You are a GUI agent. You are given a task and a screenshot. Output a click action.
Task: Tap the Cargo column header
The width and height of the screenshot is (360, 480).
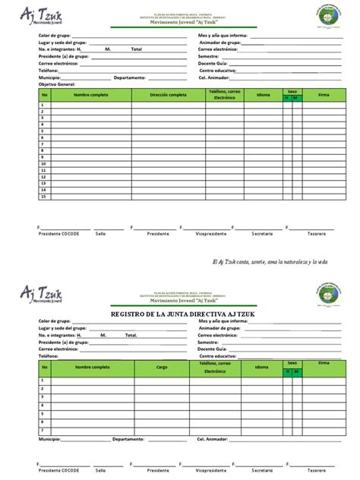point(162,367)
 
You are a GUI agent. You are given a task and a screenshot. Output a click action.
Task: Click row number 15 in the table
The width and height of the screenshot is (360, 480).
point(44,197)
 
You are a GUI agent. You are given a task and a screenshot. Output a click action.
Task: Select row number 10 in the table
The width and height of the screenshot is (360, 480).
point(44,163)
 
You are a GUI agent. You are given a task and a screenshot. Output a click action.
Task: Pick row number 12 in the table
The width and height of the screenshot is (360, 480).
point(44,177)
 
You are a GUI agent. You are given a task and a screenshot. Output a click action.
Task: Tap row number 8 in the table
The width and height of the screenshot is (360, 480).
point(44,150)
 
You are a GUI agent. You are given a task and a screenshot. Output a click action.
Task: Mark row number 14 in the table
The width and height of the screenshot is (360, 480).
point(44,190)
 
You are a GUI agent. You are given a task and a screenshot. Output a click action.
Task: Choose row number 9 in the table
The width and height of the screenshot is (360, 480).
point(44,157)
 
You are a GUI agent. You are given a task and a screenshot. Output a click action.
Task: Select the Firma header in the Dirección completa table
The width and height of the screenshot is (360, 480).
point(324,95)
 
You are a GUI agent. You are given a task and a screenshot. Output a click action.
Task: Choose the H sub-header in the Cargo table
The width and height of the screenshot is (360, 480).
point(287,371)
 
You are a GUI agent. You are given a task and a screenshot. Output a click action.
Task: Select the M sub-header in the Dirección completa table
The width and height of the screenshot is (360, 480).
point(296,98)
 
